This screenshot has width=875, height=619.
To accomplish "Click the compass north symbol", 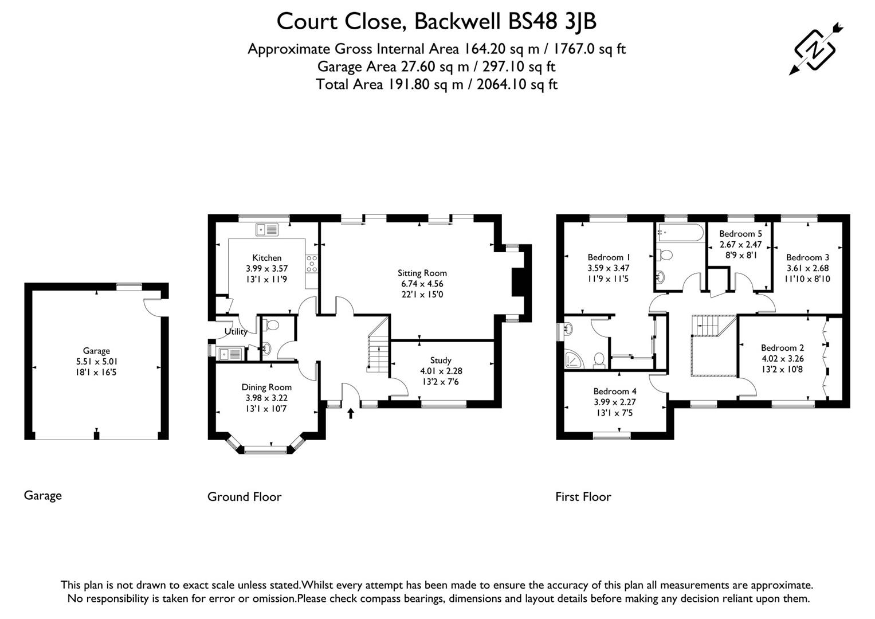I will (815, 49).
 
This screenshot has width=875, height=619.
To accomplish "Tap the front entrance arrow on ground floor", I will (350, 413).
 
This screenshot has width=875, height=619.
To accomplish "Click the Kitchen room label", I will (266, 258).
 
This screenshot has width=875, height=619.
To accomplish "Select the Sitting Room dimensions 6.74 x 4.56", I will (422, 284).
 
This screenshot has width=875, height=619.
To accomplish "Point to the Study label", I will (441, 361).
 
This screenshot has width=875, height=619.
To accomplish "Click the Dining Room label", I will (266, 387).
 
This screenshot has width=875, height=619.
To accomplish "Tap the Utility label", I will (236, 331).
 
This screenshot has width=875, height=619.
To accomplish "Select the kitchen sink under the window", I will (266, 230).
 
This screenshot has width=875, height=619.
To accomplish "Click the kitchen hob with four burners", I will (312, 264).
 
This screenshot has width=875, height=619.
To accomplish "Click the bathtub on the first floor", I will (680, 233).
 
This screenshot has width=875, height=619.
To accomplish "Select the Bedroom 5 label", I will (740, 234).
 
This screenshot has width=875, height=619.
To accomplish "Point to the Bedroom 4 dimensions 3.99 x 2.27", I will (614, 402).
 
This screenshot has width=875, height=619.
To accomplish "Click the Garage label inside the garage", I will (96, 351).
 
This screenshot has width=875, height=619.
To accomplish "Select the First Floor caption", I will (583, 497).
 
